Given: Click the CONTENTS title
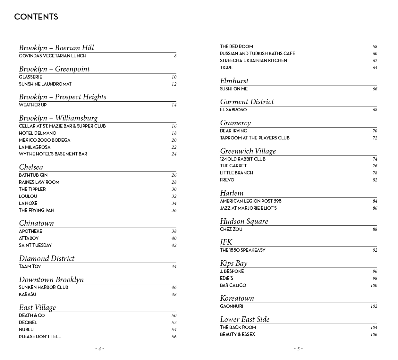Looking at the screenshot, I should tap(36, 17).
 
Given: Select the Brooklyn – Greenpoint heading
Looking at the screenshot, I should tap(54, 69).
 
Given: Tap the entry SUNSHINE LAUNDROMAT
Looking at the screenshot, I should tap(45, 84).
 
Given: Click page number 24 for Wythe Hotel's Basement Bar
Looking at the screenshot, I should tap(174, 154).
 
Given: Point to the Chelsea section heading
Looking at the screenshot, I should tap(31, 167).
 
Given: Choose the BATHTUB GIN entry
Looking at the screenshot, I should tap(33, 175).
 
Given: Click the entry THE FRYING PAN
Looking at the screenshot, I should tap(37, 210).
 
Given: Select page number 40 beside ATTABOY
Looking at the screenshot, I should tap(174, 239).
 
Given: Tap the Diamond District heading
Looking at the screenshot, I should tap(47, 258).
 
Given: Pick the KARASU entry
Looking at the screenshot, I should tap(28, 294).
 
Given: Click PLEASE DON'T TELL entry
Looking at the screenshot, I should tap(40, 337).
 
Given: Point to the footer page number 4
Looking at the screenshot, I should tap(99, 349).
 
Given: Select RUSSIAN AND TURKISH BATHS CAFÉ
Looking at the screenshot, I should tap(257, 54).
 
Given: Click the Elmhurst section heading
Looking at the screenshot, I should tap(234, 81).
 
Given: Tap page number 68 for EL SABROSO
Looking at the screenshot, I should tap(375, 110).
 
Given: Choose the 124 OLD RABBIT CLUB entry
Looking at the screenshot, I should tap(242, 159).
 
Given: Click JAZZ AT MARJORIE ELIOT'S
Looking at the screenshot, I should tap(248, 208).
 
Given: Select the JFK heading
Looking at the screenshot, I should tap(226, 242).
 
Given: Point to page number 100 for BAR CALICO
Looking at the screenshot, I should tap(374, 286).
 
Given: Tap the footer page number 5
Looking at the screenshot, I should tap(298, 349).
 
